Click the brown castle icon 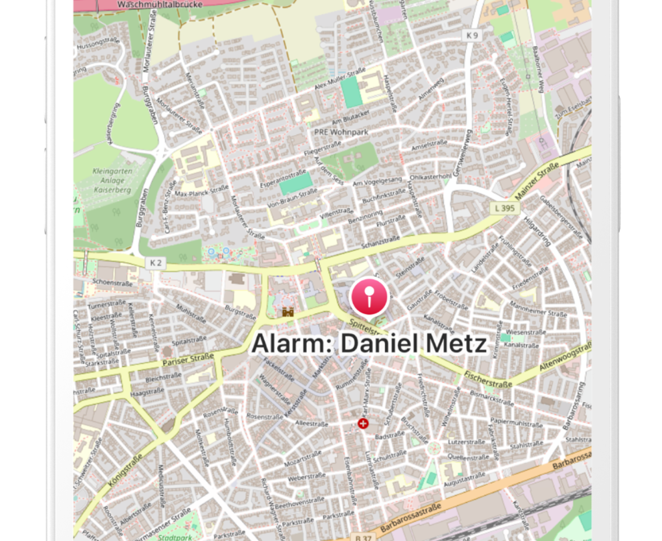coord(288,312)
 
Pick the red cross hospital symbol coord(363,424)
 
